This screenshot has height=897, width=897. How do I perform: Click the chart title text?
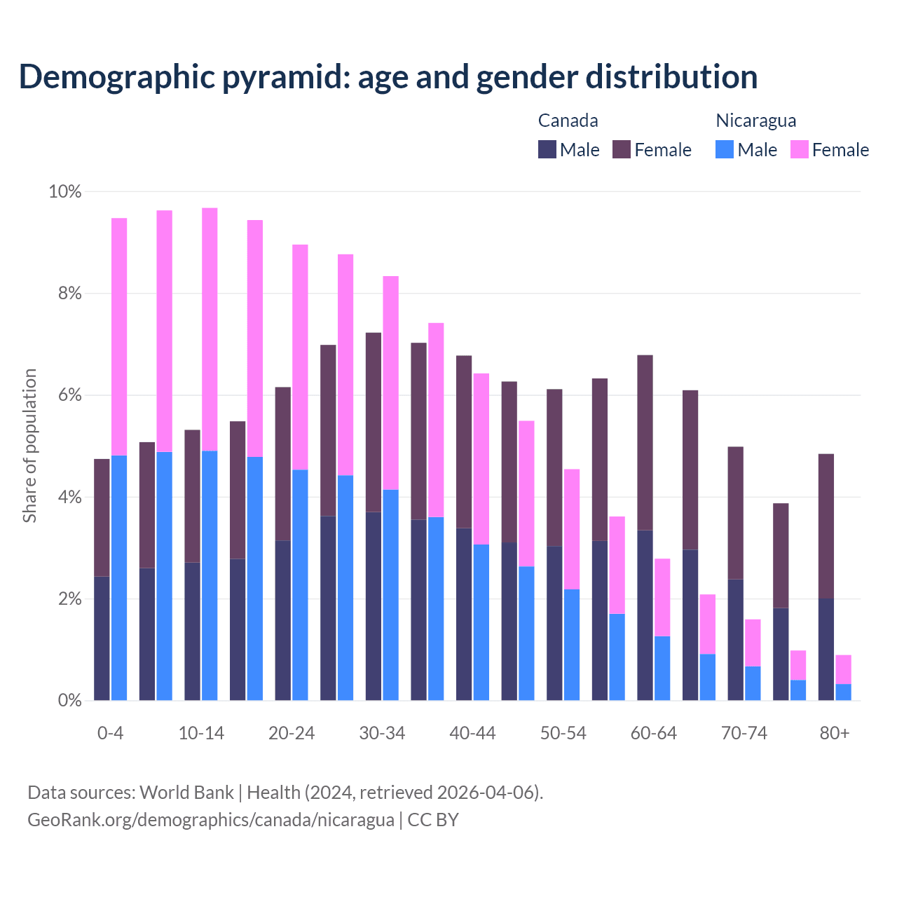click(x=388, y=77)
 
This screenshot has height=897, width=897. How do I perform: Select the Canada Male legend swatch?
click(x=547, y=149)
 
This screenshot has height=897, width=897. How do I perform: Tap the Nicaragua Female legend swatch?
click(x=800, y=149)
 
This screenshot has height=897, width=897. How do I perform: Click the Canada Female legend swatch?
click(x=622, y=149)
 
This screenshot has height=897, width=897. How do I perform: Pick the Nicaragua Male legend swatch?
click(x=725, y=149)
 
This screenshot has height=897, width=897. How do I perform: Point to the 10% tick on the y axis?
click(x=65, y=191)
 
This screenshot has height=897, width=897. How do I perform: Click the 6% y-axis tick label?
click(x=69, y=395)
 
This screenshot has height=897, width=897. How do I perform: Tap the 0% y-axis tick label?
click(x=69, y=700)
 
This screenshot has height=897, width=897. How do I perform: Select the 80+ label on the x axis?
click(x=835, y=734)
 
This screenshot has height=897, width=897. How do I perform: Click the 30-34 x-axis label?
click(x=382, y=734)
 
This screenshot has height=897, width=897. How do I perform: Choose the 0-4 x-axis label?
click(x=110, y=734)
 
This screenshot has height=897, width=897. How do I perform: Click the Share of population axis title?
click(x=30, y=446)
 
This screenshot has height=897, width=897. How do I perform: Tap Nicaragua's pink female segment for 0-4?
click(x=119, y=336)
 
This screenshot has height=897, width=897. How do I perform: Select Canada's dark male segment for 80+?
click(x=826, y=649)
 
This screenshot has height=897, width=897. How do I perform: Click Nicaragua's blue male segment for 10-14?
click(x=210, y=575)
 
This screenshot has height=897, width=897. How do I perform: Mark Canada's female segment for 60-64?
click(x=645, y=442)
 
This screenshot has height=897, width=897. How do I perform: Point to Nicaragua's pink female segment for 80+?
click(x=844, y=669)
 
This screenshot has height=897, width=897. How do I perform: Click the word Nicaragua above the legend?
click(x=755, y=121)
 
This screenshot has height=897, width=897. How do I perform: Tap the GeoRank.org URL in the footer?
click(x=210, y=820)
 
